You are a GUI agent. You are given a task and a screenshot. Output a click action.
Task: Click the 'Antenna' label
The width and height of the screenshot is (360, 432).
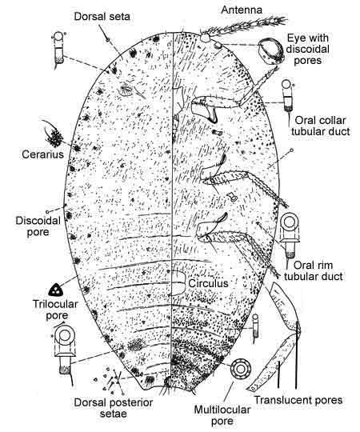click(x=242, y=10)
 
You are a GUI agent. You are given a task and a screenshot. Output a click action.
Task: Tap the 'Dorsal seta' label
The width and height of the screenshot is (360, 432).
click(x=102, y=17)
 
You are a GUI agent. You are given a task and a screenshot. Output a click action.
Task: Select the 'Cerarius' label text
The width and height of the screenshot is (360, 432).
click(x=42, y=154)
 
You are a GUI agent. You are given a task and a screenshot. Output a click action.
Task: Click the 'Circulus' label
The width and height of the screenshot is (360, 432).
click(x=208, y=283)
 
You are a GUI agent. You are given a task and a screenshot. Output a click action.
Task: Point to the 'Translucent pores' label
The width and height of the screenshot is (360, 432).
click(x=298, y=400)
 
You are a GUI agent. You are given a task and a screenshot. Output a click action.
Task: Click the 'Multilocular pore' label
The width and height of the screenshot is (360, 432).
click(x=222, y=415)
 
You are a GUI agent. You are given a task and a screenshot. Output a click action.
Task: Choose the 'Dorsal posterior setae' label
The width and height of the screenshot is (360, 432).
click(x=114, y=408)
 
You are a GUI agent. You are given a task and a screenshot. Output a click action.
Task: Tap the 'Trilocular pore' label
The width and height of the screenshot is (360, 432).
click(x=55, y=310)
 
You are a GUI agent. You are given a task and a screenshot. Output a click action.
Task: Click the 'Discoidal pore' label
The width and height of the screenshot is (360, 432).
click(x=38, y=226)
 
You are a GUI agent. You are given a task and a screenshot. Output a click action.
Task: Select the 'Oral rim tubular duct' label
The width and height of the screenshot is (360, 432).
click(x=313, y=270)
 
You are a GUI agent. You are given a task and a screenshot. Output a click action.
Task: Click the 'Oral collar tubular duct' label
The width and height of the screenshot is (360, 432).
click(x=320, y=126)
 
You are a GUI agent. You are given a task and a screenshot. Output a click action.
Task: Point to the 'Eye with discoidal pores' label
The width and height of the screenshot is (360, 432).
click(x=308, y=49)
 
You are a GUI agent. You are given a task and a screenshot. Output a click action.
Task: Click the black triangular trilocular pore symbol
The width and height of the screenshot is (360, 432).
click(x=56, y=290)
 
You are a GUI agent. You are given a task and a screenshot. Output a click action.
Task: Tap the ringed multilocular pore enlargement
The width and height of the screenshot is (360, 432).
click(x=241, y=369)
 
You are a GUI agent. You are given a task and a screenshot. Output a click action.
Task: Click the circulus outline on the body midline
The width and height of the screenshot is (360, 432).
click(x=178, y=283)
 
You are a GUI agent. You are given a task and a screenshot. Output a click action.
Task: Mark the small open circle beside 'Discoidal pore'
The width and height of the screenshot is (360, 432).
click(x=47, y=212)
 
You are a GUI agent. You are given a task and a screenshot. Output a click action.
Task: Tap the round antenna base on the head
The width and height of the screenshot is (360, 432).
click(x=206, y=38)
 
